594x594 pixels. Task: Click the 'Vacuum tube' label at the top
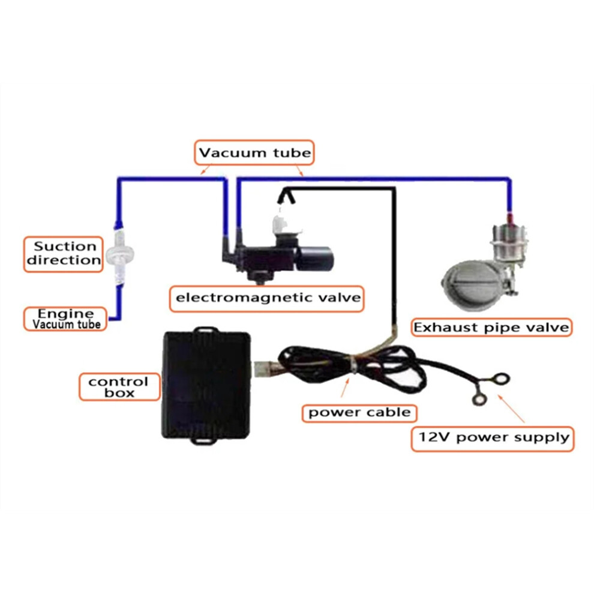point(254,152)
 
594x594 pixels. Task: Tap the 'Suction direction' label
point(63,254)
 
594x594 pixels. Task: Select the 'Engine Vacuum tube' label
point(65,319)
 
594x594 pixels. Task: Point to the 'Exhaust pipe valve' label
point(491,328)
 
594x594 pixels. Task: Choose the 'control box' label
point(119,387)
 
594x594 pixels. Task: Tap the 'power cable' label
point(359,413)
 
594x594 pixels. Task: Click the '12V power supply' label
point(493,439)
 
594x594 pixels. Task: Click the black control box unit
point(206,386)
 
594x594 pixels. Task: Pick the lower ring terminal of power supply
point(479,399)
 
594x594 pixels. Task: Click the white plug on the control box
point(261,369)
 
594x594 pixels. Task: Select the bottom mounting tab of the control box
point(205,440)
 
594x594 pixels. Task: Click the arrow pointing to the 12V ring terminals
point(511,409)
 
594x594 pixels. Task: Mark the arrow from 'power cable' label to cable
point(345,387)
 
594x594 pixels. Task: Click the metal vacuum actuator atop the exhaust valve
point(508,242)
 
